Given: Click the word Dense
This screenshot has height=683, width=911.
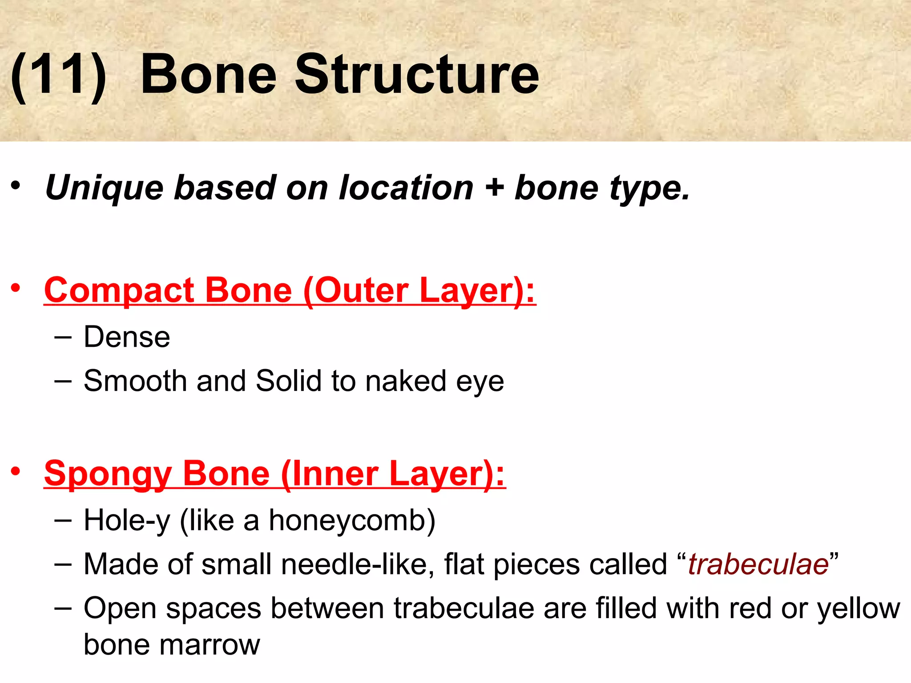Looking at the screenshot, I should [127, 337].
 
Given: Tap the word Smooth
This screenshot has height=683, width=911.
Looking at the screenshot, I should [135, 381].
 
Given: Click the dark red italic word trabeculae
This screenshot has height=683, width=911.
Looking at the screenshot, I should [758, 564].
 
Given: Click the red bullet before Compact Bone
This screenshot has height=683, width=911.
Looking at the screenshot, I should [16, 289].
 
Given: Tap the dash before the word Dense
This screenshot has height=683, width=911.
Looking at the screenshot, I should [63, 337].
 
